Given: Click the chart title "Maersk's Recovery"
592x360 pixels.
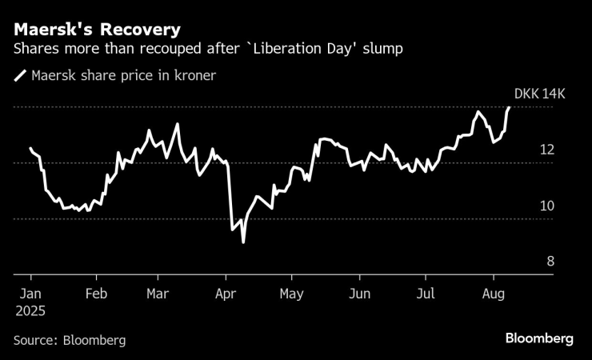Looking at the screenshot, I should point(96,30).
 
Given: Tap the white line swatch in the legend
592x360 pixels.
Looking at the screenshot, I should point(20,77).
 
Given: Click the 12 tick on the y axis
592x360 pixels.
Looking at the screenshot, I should point(547,150).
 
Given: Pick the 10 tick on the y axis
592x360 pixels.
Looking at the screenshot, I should point(547,206).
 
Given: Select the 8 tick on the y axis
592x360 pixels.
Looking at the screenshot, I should point(550,262).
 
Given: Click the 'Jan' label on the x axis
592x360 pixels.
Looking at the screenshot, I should point(30,294).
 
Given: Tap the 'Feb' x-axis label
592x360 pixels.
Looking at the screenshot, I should point(96,294).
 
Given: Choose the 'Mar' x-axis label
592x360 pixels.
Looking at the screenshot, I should point(158,294).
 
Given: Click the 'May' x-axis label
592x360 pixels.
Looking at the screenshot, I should point(292,294).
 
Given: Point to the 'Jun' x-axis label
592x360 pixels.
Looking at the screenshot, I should point(360,294).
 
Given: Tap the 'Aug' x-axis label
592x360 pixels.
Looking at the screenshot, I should point(494,294).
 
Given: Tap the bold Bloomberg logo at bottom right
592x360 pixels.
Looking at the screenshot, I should point(538,339).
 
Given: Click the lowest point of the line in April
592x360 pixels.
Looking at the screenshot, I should point(242,242).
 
